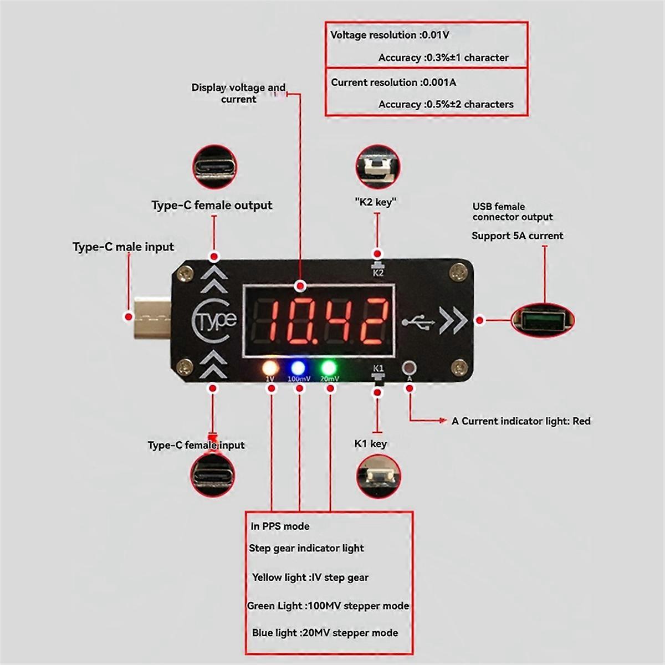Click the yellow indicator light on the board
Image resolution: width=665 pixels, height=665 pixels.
[x=270, y=367]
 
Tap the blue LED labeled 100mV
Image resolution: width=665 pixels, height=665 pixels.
[x=298, y=367]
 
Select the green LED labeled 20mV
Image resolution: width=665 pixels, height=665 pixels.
[x=328, y=367]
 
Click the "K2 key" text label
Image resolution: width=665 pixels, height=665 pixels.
[x=376, y=202]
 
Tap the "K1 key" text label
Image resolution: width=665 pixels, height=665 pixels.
[x=370, y=443]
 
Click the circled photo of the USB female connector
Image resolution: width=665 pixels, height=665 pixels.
[x=543, y=320]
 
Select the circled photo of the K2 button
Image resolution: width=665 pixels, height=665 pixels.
[x=377, y=166]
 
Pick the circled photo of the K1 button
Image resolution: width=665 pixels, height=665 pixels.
[x=377, y=477]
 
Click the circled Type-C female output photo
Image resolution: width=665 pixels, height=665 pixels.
[x=214, y=166]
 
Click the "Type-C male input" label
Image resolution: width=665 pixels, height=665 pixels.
[x=123, y=247]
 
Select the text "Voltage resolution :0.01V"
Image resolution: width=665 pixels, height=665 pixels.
[x=390, y=35]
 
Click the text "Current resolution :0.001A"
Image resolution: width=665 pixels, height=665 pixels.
[x=393, y=83]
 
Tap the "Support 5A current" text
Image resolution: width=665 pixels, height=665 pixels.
[x=517, y=236]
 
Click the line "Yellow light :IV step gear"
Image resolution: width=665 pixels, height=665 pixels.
[x=310, y=577]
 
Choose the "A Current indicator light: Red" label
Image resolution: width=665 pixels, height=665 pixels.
[x=521, y=421]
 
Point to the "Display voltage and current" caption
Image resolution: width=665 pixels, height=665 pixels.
[x=238, y=93]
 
